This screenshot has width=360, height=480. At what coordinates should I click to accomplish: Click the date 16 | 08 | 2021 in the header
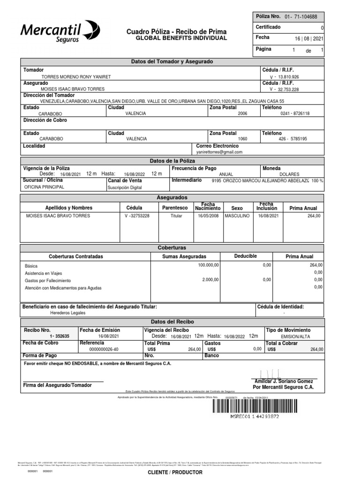(309, 39)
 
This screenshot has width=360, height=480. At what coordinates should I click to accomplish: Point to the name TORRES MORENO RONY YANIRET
(76, 76)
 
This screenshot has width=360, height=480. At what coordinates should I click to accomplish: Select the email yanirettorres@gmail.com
(219, 152)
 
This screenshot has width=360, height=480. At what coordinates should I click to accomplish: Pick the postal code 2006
(242, 113)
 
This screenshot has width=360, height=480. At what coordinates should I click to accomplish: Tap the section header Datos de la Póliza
(172, 161)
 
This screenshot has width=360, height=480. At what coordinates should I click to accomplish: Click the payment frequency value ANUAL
(219, 174)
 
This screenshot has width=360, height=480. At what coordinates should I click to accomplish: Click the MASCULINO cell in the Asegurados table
(237, 216)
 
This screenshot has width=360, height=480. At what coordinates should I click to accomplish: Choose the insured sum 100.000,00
(208, 265)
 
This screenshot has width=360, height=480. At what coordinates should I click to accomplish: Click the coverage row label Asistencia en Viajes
(43, 273)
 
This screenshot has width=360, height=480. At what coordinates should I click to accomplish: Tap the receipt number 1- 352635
(60, 336)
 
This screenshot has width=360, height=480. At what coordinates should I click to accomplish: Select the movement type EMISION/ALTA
(295, 337)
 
